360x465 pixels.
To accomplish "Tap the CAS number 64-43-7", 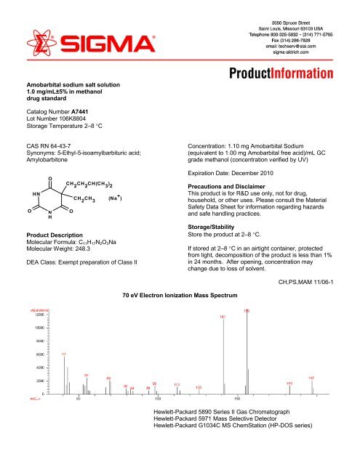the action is click(x=66, y=146).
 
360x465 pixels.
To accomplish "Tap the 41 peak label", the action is click(x=64, y=354).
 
